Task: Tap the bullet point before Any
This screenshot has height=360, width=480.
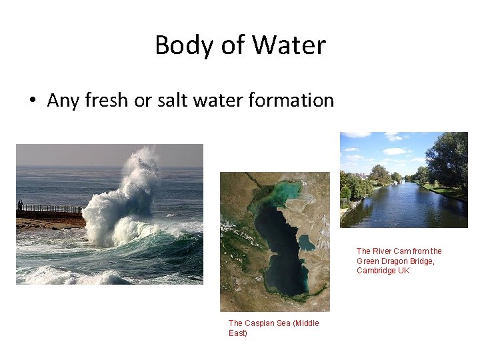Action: pyautogui.click(x=31, y=101)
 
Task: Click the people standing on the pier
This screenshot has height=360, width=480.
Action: pyautogui.click(x=20, y=205)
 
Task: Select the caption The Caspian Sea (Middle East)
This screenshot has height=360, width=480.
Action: pyautogui.click(x=273, y=328)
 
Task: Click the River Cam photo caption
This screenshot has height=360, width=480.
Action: pyautogui.click(x=399, y=261)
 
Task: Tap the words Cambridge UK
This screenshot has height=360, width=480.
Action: pyautogui.click(x=383, y=271)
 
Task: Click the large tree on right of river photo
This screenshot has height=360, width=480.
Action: pyautogui.click(x=448, y=160)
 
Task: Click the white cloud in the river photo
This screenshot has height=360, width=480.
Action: pyautogui.click(x=394, y=151)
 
